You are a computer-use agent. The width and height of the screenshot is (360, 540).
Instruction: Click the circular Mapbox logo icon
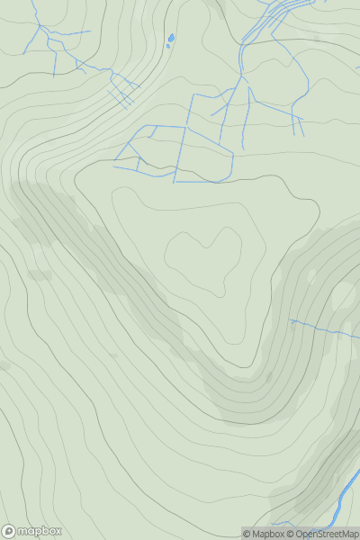pos(10,532)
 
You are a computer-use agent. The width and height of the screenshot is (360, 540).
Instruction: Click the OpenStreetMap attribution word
pos(327,534)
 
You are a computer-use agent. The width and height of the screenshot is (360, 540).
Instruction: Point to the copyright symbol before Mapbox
pos(247,534)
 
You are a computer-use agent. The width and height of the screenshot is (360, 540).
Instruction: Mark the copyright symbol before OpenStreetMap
pos(291,534)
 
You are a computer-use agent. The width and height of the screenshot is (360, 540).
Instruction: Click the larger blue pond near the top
pos(171,38)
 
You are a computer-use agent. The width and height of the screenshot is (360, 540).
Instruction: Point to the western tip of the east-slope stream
pos(290,320)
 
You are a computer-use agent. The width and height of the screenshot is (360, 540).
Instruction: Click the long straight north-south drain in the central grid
pos(185,153)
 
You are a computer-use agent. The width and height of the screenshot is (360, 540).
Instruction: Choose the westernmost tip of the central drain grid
pos(114,166)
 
